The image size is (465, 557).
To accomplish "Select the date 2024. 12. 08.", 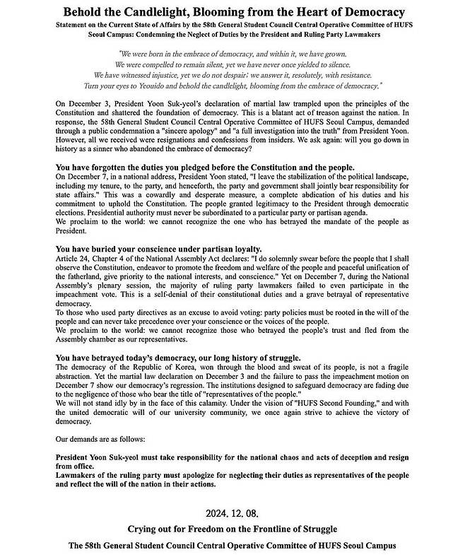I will pos(232,512).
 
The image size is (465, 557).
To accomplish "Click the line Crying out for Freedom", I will pos(232,529).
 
